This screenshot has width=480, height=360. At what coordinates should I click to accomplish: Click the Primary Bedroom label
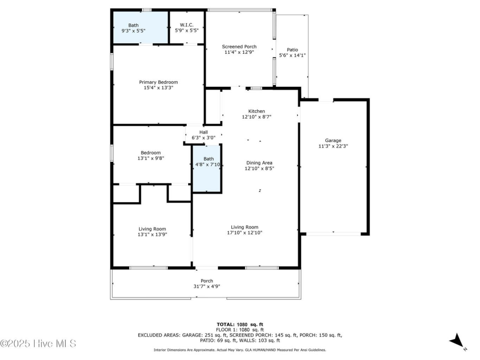[158, 82]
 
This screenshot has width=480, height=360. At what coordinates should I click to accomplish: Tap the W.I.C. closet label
[187, 25]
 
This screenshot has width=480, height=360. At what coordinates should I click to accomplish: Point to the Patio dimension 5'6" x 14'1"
[292, 56]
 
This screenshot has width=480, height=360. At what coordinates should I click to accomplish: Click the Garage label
[333, 141]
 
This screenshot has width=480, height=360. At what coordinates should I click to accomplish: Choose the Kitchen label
[256, 111]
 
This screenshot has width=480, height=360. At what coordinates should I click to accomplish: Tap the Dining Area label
[260, 163]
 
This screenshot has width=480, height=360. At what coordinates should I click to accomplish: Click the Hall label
[204, 132]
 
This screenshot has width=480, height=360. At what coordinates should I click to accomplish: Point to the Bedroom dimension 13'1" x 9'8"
[151, 158]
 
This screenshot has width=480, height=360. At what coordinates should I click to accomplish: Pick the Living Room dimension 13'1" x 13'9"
[152, 235]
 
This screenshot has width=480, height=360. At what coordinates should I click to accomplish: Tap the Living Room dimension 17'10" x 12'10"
[245, 233]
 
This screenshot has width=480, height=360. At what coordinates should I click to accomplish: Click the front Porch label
[206, 281]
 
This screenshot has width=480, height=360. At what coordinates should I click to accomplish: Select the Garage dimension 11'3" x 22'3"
[333, 146]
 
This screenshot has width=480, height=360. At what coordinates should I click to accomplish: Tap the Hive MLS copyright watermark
[38, 344]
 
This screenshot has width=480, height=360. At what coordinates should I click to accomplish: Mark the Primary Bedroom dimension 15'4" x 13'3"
[158, 88]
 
